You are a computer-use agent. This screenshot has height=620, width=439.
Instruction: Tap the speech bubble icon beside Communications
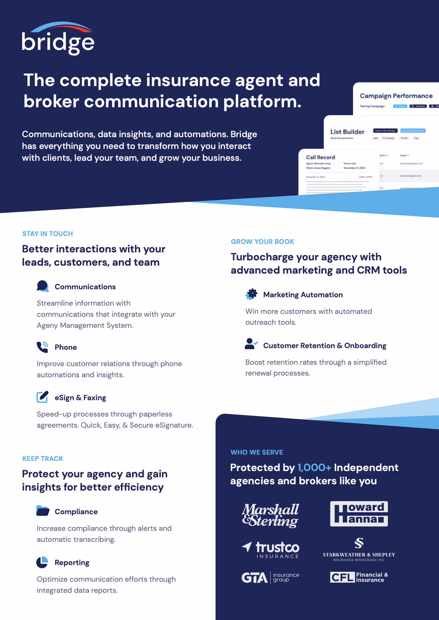click(43, 286)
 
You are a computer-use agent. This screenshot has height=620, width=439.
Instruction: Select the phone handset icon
click(42, 347)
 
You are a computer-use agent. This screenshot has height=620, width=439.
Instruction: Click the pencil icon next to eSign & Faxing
click(42, 397)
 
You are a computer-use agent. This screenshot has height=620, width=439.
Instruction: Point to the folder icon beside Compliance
click(43, 511)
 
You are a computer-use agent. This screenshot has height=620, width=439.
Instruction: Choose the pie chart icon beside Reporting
click(42, 562)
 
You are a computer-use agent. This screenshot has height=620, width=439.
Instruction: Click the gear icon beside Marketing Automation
click(251, 294)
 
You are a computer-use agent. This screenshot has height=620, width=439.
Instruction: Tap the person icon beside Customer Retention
click(251, 344)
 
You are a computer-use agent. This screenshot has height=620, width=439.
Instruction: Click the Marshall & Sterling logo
click(270, 515)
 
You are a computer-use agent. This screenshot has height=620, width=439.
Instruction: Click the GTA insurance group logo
click(270, 578)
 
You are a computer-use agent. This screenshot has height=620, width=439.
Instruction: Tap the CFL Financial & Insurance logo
click(359, 577)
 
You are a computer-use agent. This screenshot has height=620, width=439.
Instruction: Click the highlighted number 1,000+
click(314, 468)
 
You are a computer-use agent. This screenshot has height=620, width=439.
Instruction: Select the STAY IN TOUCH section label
click(48, 234)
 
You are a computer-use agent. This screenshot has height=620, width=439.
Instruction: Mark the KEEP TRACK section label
click(43, 458)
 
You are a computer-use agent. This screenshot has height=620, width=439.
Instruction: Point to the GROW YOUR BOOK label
click(262, 242)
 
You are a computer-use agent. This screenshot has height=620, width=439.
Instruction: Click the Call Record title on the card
click(320, 157)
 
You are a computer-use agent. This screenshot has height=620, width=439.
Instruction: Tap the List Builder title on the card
click(347, 132)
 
